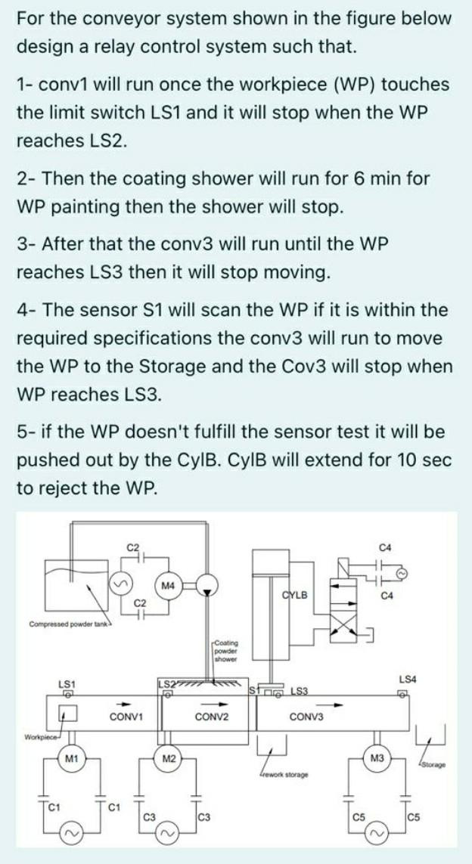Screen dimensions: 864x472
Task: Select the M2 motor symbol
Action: click(170, 759)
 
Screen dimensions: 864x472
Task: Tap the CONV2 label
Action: click(212, 716)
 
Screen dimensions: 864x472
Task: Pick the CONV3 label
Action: click(306, 716)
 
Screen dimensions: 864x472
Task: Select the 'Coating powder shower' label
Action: click(225, 649)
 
